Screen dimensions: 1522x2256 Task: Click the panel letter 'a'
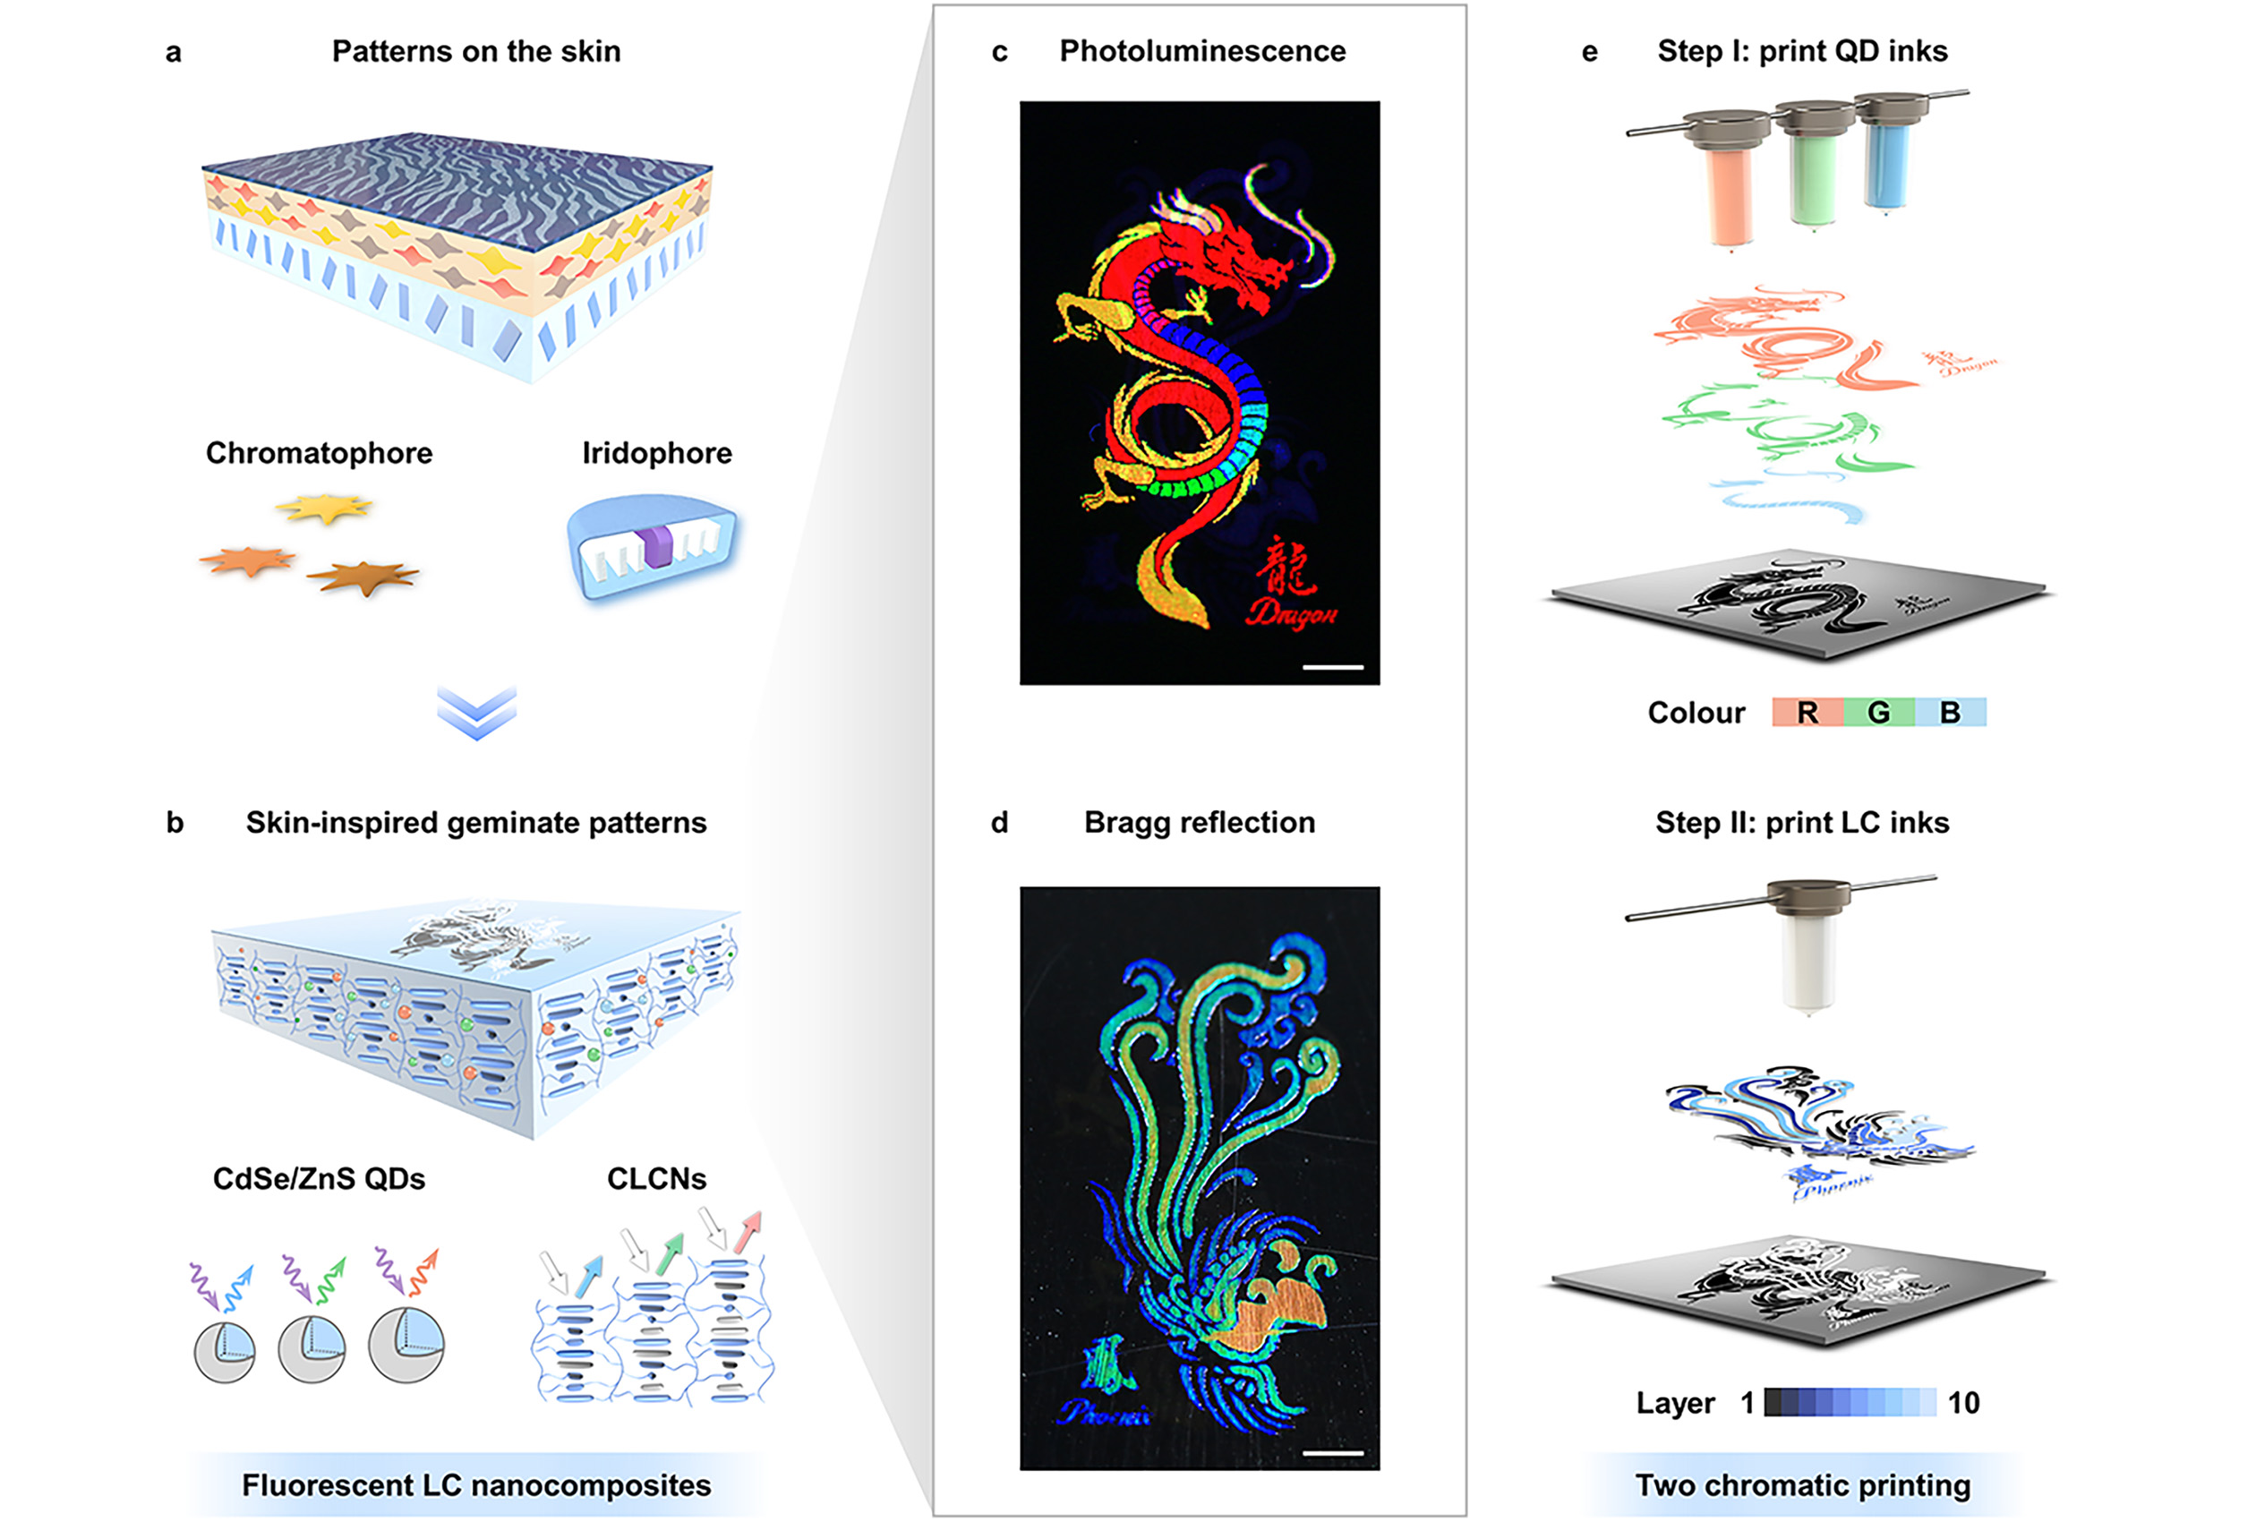coord(173,53)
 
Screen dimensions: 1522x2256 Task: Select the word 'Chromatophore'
coord(319,453)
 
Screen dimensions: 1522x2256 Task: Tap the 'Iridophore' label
coord(656,453)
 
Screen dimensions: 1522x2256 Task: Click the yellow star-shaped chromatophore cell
coord(324,508)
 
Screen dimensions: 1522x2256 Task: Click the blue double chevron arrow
coord(476,714)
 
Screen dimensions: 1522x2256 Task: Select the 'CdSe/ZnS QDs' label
coord(319,1179)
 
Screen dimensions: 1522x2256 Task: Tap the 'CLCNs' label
coord(656,1179)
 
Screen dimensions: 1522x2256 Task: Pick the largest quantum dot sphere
coord(406,1345)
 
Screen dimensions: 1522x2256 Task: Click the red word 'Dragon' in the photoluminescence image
coord(1292,611)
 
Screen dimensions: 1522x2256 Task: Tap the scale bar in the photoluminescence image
coord(1332,667)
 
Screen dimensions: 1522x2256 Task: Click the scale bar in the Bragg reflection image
coord(1332,1453)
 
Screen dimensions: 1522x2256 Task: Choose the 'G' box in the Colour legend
coord(1878,713)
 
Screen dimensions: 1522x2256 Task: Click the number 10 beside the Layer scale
coord(1963,1403)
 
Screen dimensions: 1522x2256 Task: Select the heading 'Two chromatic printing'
coord(1803,1486)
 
